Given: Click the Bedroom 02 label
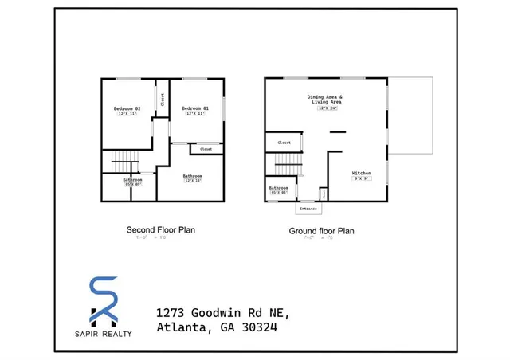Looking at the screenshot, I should [x=127, y=108].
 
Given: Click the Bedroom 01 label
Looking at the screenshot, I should [x=194, y=108].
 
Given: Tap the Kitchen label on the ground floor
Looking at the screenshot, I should [x=362, y=173].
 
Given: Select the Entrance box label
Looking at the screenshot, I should [x=308, y=209].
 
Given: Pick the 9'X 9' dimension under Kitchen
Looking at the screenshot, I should [x=362, y=178].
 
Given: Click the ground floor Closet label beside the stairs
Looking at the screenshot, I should [x=284, y=143].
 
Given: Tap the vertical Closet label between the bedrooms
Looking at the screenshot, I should [x=163, y=100].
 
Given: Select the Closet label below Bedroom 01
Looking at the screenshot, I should [x=206, y=149].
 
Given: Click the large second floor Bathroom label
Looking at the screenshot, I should [x=192, y=176].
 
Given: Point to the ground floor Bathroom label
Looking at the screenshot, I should [x=279, y=188].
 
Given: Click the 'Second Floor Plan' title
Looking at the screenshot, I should [x=161, y=229].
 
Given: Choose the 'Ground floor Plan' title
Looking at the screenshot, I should [x=321, y=231].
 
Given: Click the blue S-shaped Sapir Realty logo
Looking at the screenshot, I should [x=103, y=299].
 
